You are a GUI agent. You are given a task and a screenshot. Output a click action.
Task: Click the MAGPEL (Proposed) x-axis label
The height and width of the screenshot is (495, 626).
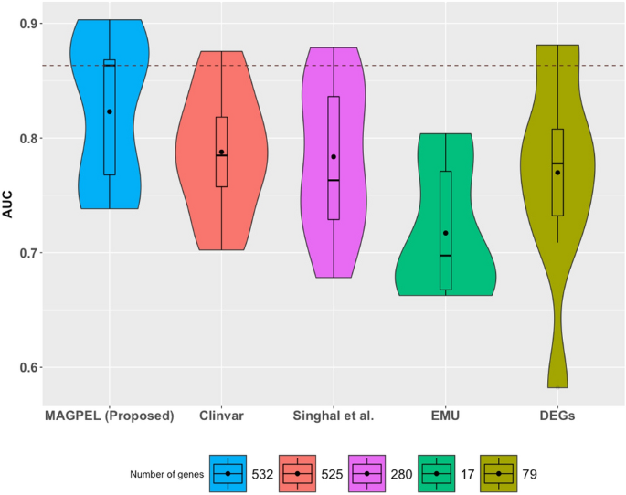(109, 416)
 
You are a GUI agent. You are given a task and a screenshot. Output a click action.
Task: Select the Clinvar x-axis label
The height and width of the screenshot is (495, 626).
(221, 416)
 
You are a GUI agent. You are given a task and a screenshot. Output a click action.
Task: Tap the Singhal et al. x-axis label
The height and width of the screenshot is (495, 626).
(334, 416)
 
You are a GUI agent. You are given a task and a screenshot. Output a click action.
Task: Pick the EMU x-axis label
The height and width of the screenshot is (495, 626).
(446, 416)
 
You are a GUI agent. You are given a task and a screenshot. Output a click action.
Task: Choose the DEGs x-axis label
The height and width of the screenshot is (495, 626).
(557, 416)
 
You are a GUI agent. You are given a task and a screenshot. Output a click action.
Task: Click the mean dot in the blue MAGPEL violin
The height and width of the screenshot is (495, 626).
(110, 111)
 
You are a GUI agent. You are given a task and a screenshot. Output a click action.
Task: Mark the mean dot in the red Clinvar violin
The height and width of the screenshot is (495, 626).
(222, 152)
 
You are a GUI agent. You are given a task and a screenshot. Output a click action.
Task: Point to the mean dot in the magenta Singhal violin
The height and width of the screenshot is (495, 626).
(334, 157)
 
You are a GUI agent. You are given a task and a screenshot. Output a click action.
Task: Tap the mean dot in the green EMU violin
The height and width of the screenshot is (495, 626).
(446, 233)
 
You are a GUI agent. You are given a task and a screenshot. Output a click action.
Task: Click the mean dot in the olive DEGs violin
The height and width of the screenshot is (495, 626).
(557, 173)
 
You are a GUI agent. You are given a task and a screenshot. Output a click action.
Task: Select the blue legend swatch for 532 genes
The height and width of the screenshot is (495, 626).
(228, 473)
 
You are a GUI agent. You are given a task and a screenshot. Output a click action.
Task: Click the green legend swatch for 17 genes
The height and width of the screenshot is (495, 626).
(436, 473)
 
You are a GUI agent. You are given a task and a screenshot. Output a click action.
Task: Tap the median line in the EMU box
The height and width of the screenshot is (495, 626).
(446, 255)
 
